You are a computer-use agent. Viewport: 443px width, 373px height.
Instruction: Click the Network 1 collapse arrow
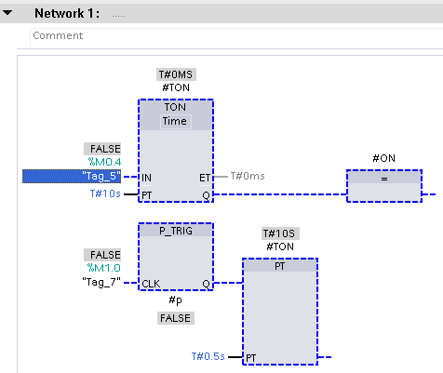pyautogui.click(x=7, y=13)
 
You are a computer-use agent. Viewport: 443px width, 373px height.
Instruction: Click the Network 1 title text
pyautogui.click(x=67, y=13)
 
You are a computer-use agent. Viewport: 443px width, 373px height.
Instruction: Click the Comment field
pyautogui.click(x=235, y=36)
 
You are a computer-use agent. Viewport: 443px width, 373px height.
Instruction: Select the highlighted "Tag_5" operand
pyautogui.click(x=72, y=176)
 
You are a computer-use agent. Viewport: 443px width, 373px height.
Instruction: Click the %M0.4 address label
pyautogui.click(x=104, y=162)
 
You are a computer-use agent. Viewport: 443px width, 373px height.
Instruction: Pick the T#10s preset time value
pyautogui.click(x=105, y=193)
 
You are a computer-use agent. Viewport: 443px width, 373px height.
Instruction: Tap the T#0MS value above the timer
pyautogui.click(x=176, y=74)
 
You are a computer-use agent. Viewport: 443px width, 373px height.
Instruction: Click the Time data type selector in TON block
pyautogui.click(x=175, y=121)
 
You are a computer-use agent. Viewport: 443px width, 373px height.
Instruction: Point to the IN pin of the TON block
pyautogui.click(x=146, y=178)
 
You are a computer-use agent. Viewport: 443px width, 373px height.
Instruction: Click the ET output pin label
pyautogui.click(x=205, y=178)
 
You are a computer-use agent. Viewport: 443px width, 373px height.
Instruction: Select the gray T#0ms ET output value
pyautogui.click(x=248, y=176)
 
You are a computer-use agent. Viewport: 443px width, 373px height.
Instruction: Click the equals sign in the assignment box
pyautogui.click(x=384, y=179)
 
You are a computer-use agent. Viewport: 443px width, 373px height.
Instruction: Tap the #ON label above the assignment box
pyautogui.click(x=384, y=158)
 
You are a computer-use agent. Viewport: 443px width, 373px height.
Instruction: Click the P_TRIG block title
pyautogui.click(x=176, y=231)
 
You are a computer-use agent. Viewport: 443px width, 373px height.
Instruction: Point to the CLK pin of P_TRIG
pyautogui.click(x=151, y=284)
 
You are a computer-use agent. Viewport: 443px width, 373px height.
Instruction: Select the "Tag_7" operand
pyautogui.click(x=101, y=282)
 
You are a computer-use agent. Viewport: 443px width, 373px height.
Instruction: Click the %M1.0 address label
pyautogui.click(x=104, y=268)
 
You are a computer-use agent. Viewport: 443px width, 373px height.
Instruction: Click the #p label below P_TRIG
pyautogui.click(x=175, y=300)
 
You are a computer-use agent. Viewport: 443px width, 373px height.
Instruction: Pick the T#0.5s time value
pyautogui.click(x=208, y=356)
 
